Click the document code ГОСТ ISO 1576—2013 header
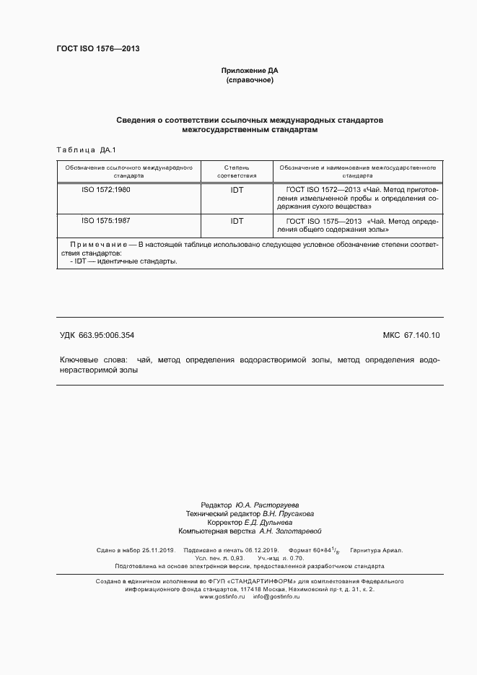click(x=97, y=49)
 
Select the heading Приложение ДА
click(x=249, y=71)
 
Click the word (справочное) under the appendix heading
click(x=249, y=80)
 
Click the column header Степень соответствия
click(x=237, y=171)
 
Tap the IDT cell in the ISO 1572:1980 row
click(x=237, y=189)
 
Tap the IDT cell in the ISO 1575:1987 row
click(x=237, y=221)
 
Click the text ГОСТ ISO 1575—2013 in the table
click(x=324, y=221)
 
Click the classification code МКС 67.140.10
click(x=411, y=335)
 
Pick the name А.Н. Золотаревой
click(x=289, y=531)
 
